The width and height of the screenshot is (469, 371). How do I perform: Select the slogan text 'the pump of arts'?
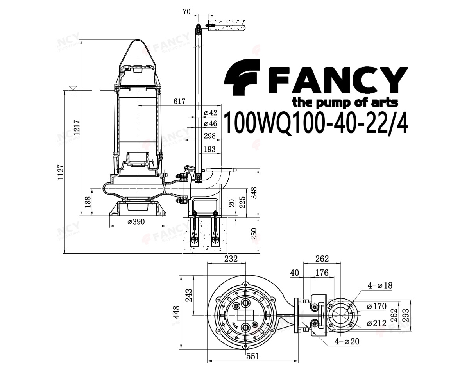coord(345,103)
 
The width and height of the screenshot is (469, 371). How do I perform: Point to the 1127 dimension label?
coord(60,172)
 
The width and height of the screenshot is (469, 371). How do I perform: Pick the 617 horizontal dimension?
coord(179,101)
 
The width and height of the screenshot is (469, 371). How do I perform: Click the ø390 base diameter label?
coord(136,221)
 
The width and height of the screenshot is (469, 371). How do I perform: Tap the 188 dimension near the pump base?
coord(88,202)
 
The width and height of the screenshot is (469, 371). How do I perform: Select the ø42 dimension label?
coord(211,112)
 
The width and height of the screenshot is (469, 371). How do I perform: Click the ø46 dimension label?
coord(211,123)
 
